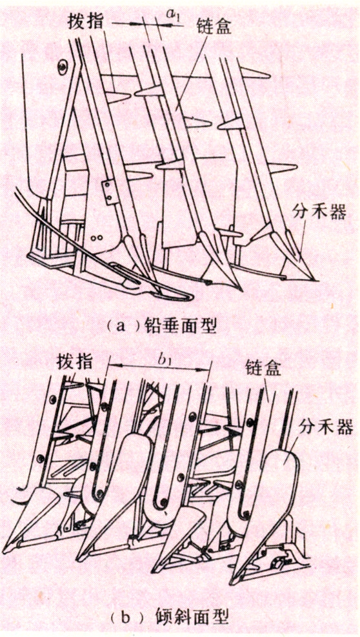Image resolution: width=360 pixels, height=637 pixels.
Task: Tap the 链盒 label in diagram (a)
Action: (213, 26)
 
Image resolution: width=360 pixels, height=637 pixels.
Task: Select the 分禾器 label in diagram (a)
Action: (320, 211)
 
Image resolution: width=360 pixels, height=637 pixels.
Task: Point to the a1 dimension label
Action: (174, 15)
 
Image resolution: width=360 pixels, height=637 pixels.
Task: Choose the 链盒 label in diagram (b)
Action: (263, 369)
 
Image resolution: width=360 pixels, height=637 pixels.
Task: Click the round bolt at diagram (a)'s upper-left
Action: (62, 66)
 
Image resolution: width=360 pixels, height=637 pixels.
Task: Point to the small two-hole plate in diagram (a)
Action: (108, 190)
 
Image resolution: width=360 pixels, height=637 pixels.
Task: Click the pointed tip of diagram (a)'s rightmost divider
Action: (315, 280)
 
